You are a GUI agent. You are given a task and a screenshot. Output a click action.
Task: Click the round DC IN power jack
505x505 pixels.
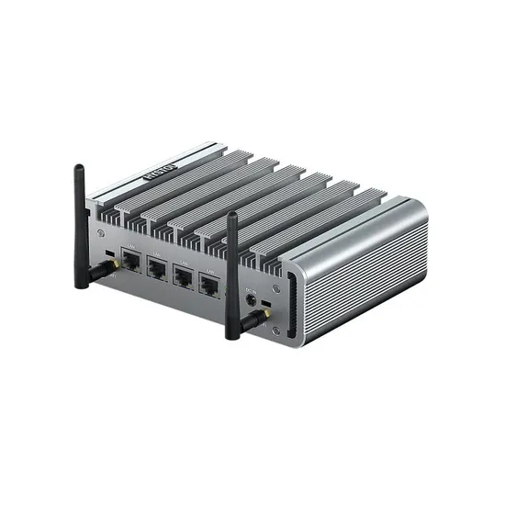(250, 300)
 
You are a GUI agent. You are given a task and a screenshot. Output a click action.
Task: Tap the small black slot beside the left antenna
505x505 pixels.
(110, 252)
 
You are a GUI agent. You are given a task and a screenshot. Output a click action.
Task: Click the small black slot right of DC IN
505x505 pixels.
(266, 304)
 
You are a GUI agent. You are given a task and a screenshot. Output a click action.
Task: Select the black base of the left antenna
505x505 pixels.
(82, 275)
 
